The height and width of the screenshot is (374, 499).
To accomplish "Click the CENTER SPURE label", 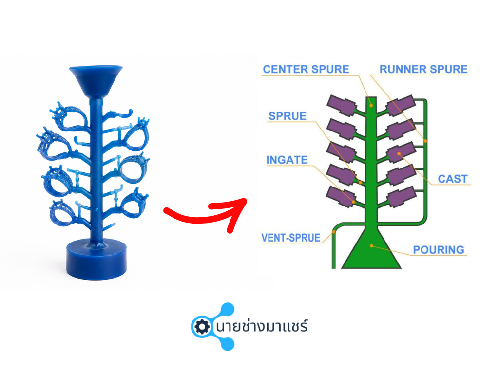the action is [x=306, y=69].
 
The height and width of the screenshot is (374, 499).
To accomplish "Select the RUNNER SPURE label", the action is [x=423, y=69].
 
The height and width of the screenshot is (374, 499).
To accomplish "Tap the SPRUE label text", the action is [x=288, y=116].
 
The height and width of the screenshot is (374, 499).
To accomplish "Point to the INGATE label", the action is [x=287, y=160].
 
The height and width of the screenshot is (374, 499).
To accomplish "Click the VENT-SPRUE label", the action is [x=291, y=238].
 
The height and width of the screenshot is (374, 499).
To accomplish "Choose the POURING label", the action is [x=439, y=250].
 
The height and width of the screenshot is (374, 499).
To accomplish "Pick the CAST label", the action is [x=453, y=179].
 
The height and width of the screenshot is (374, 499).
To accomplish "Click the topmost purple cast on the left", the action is [x=342, y=105].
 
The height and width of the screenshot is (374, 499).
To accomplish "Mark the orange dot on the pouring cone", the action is [x=371, y=246].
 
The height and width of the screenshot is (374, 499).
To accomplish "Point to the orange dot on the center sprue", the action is [x=371, y=105].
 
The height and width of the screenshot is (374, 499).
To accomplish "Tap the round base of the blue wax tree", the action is [x=96, y=259].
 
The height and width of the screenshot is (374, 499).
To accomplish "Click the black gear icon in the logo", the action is [x=202, y=327].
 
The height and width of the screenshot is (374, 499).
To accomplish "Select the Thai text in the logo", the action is [x=262, y=326].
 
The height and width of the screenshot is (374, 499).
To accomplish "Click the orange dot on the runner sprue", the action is [x=425, y=141].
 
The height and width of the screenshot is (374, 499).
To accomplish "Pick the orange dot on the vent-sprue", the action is [x=334, y=232].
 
